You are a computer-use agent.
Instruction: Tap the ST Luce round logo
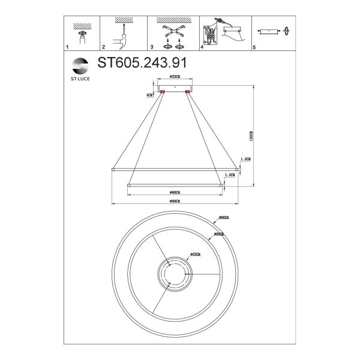coord(79,65)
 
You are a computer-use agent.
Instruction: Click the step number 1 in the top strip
coord(67,46)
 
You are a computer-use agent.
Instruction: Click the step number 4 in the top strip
coord(202,46)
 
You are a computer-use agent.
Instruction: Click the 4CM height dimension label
coord(149,95)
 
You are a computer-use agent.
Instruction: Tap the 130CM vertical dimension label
coord(253,137)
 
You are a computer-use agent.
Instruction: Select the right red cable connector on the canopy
coord(188,92)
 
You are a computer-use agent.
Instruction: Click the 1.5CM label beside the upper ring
coord(245,159)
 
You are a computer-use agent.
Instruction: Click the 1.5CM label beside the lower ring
coord(229,175)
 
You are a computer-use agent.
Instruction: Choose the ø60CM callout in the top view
coord(218,234)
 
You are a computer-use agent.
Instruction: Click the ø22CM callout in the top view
coord(194,254)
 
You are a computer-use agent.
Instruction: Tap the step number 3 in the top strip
coord(152,46)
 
